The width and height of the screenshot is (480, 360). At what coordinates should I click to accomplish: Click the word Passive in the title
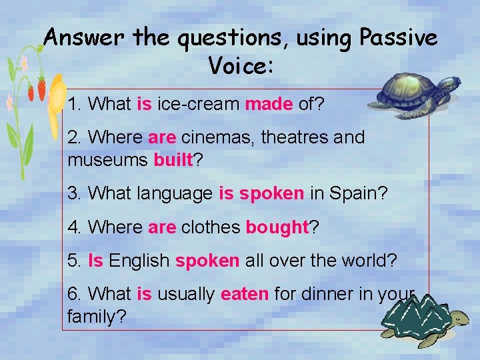[398, 39]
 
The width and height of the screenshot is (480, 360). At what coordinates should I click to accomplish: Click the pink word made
[269, 104]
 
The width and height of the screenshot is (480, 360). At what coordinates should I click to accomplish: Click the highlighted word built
[173, 161]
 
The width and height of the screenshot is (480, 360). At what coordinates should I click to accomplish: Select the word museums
[108, 161]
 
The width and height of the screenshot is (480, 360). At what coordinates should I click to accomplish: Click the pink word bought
[276, 227]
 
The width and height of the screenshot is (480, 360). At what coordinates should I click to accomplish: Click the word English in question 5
[139, 261]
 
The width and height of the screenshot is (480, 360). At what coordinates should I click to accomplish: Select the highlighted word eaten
[244, 294]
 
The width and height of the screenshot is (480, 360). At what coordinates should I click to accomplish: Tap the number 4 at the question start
[73, 227]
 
